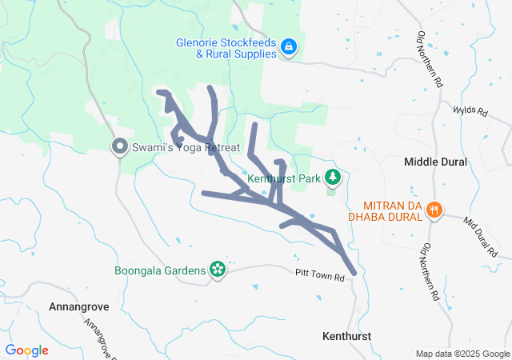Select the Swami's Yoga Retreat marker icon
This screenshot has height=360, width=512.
120,146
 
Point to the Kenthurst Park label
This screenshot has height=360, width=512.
282,178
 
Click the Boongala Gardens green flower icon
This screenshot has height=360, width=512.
217,270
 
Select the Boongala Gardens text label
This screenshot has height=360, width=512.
160,270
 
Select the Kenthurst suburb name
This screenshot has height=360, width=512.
347,336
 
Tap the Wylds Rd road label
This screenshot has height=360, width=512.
470,111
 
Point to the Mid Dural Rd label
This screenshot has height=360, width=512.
480,234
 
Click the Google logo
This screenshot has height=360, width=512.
27,350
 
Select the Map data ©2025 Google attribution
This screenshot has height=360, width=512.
462,354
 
